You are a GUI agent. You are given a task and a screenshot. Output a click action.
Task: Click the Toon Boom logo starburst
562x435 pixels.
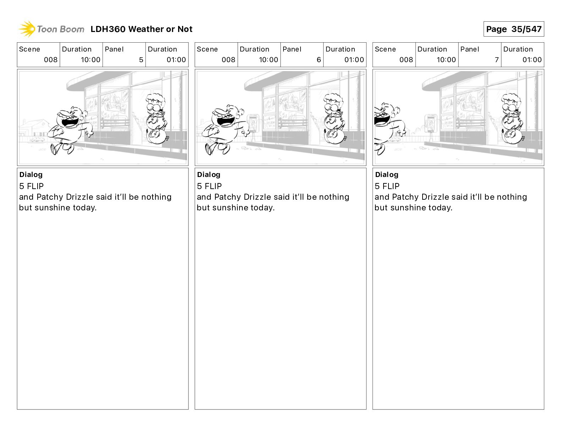pyautogui.click(x=27, y=29)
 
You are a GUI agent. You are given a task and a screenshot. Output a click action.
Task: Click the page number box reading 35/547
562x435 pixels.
pyautogui.click(x=513, y=29)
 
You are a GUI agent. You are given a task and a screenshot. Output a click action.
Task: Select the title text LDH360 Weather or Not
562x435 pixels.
pyautogui.click(x=141, y=29)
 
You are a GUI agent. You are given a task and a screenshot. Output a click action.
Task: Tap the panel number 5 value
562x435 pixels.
pyautogui.click(x=141, y=60)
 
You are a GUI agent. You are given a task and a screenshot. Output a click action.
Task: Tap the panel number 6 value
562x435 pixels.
pyautogui.click(x=319, y=60)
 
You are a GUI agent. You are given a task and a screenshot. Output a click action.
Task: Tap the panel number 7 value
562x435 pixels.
pyautogui.click(x=497, y=60)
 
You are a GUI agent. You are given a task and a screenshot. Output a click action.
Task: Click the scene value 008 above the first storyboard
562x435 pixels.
pyautogui.click(x=50, y=60)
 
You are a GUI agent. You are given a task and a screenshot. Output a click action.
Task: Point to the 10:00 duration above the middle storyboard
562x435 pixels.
pyautogui.click(x=268, y=60)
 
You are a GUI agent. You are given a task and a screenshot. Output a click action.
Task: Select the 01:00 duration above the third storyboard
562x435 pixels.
pyautogui.click(x=532, y=60)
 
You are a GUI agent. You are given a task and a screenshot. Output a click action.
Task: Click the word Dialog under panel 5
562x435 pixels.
pyautogui.click(x=31, y=174)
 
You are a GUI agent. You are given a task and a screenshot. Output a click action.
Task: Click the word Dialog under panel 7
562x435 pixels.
pyautogui.click(x=387, y=174)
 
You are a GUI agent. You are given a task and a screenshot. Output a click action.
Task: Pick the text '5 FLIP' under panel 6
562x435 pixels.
pyautogui.click(x=209, y=186)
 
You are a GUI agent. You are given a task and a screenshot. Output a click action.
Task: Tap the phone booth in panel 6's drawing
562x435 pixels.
pyautogui.click(x=253, y=123)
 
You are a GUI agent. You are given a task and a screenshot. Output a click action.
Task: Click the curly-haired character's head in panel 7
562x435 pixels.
pyautogui.click(x=511, y=103)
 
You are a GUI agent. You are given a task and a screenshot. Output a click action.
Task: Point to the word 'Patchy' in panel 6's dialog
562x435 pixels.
pyautogui.click(x=228, y=197)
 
